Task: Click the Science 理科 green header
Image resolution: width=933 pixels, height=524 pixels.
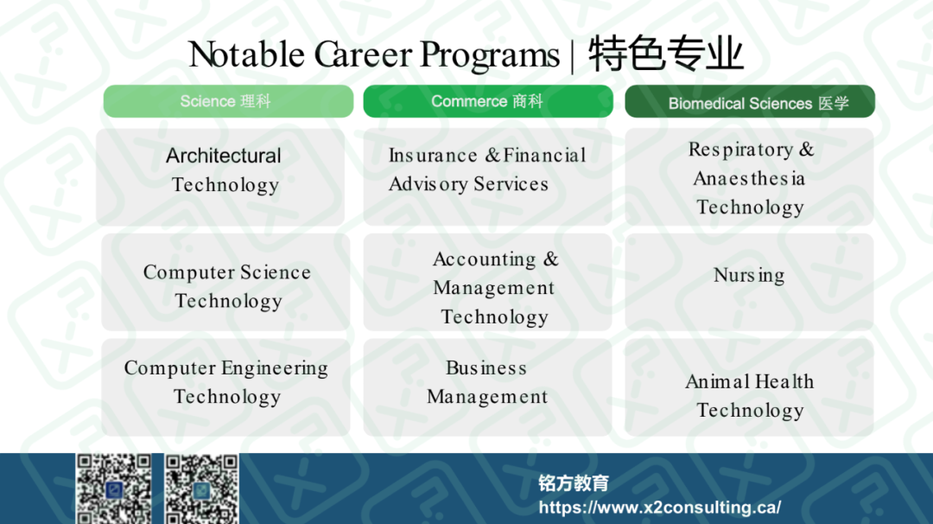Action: pyautogui.click(x=228, y=101)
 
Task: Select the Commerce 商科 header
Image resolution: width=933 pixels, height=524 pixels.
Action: pyautogui.click(x=488, y=101)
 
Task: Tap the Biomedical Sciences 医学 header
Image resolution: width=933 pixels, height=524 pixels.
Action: pyautogui.click(x=750, y=101)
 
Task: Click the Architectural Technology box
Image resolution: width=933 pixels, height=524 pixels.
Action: pyautogui.click(x=220, y=177)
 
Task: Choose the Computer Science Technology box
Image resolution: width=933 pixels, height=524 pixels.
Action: pyautogui.click(x=225, y=282)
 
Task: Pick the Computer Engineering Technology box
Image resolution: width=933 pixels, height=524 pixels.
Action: pyautogui.click(x=225, y=387)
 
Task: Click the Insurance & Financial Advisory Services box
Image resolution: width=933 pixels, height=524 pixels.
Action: pyautogui.click(x=487, y=177)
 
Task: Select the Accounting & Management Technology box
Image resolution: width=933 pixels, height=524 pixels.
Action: pyautogui.click(x=487, y=282)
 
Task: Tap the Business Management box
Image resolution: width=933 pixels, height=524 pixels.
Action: pyautogui.click(x=487, y=387)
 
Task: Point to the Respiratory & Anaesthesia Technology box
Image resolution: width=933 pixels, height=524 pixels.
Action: pyautogui.click(x=749, y=177)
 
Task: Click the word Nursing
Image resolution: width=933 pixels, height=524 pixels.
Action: pyautogui.click(x=749, y=276)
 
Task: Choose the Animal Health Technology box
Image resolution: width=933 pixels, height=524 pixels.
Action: pyautogui.click(x=749, y=387)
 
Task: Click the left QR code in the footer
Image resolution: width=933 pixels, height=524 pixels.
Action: pyautogui.click(x=114, y=489)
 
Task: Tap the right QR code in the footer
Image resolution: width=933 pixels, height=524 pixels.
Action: pyautogui.click(x=201, y=489)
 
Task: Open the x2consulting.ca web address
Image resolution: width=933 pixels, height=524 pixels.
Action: pyautogui.click(x=660, y=508)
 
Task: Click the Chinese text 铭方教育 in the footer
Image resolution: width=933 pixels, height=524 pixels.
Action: pyautogui.click(x=574, y=482)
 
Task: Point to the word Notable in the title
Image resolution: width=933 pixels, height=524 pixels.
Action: pyautogui.click(x=247, y=54)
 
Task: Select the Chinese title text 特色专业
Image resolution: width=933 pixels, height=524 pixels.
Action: pyautogui.click(x=666, y=54)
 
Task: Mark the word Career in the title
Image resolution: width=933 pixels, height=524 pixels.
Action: pyautogui.click(x=363, y=54)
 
